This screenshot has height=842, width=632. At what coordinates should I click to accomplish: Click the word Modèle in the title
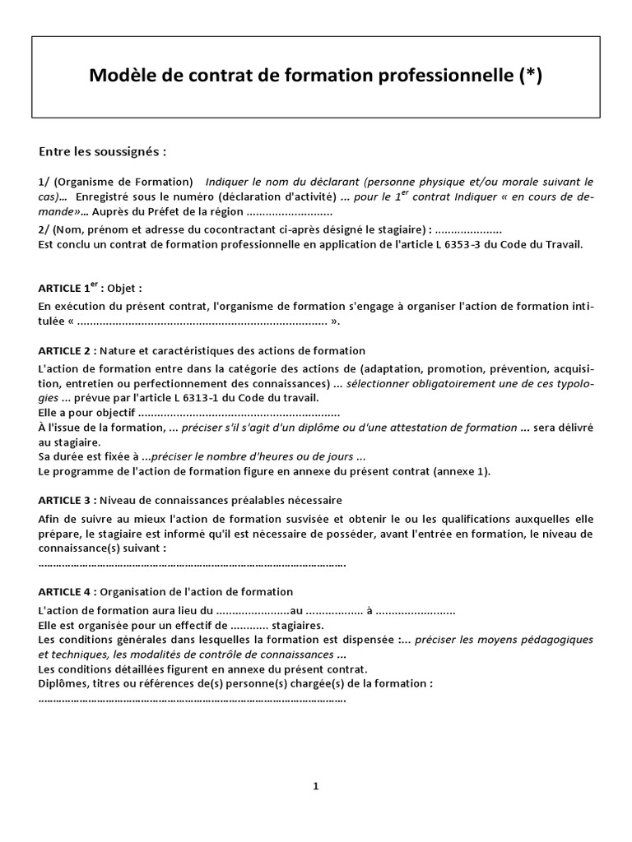123,76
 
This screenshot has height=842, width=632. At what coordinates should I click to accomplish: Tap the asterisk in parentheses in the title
531,76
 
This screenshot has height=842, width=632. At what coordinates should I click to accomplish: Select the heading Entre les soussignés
103,152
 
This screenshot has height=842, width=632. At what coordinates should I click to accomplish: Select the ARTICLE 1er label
69,289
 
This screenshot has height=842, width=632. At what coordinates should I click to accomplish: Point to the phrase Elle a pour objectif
86,412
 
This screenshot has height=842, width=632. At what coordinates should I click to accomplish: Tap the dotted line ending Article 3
192,564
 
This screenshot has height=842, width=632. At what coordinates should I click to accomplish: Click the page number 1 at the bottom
316,786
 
